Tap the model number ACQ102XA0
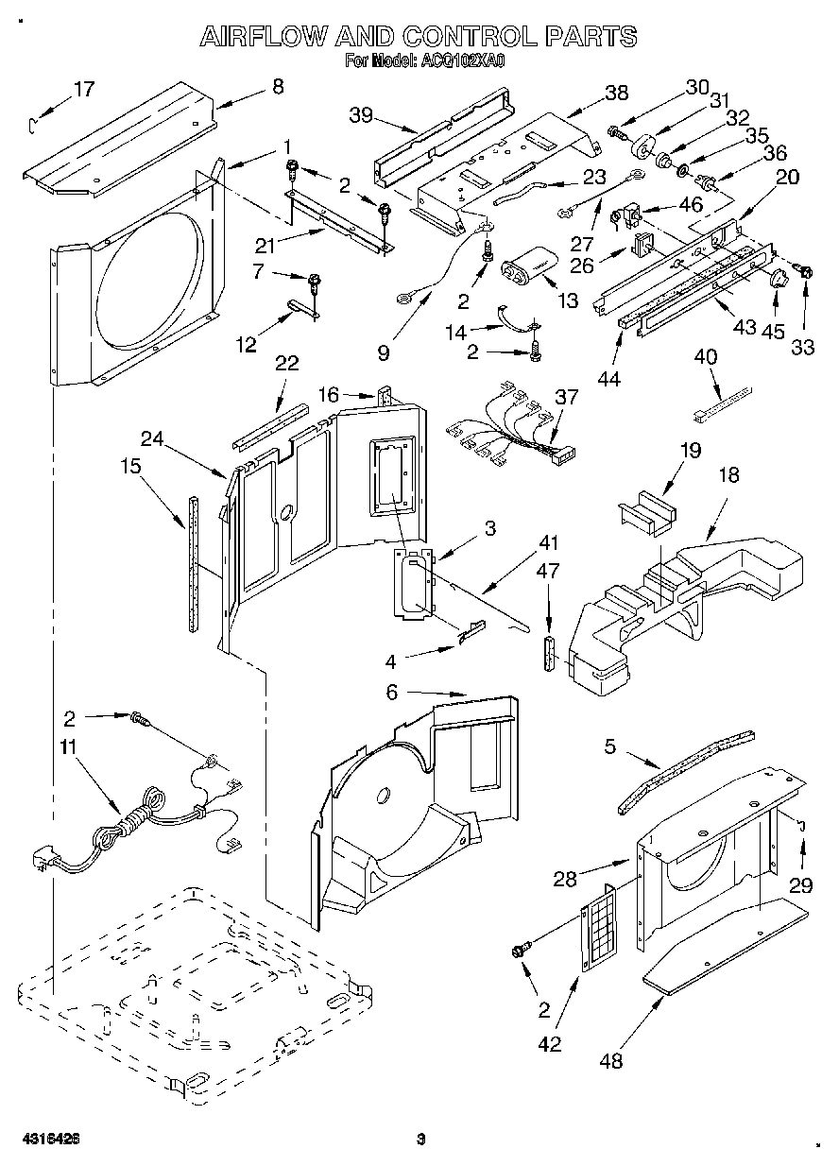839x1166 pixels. coord(463,61)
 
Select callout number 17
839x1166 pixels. coord(84,89)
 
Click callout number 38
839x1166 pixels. coord(617,93)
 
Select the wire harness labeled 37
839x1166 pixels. coord(510,431)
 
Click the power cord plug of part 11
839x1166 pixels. coord(44,865)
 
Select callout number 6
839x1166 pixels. coord(391,692)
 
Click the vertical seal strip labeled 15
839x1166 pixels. coord(194,564)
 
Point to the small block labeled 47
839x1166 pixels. coord(550,653)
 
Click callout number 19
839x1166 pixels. coord(690,450)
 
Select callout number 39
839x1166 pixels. coord(361,115)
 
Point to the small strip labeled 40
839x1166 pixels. coord(724,403)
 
